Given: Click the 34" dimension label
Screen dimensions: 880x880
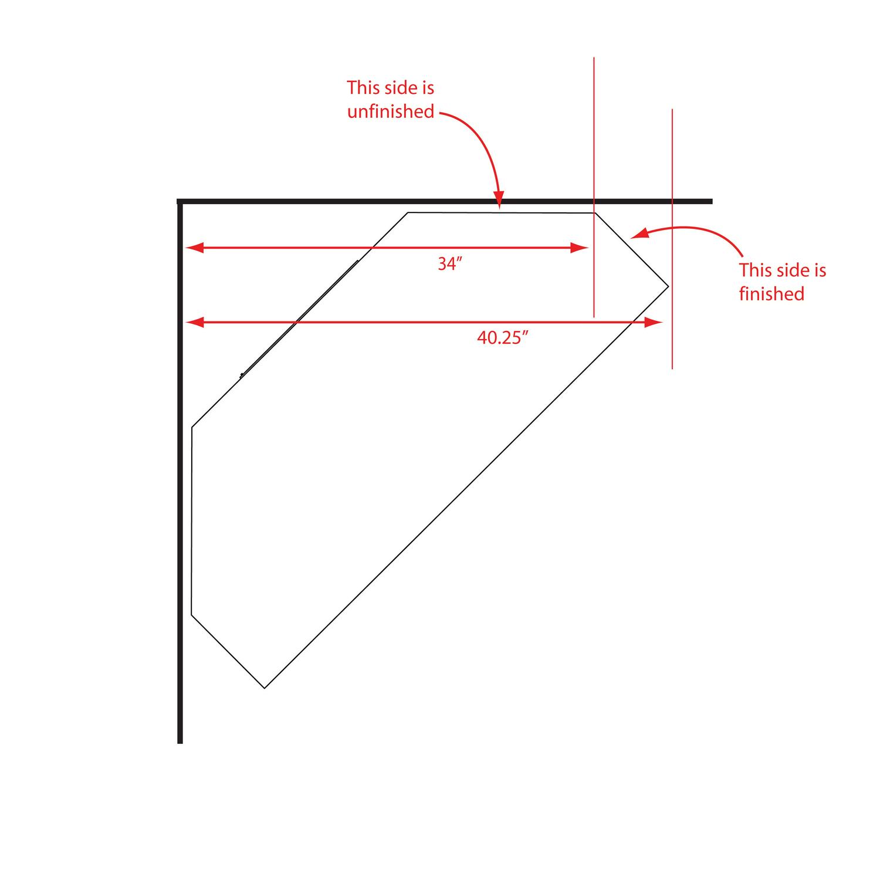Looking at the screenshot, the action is (451, 264).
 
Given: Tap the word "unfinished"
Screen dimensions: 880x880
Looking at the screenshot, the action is (391, 111).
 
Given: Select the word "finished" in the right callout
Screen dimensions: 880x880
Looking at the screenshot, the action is (771, 293).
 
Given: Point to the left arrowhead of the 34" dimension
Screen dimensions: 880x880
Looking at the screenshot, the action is (194, 248).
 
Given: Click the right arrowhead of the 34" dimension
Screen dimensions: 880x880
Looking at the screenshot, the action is (579, 248).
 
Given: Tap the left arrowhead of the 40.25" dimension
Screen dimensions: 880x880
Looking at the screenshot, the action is (194, 322).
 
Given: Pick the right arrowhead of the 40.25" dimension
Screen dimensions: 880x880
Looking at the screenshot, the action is (654, 322).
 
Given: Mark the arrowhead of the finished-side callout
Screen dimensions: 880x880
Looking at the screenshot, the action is (638, 235).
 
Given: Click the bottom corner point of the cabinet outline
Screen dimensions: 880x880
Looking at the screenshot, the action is (265, 688).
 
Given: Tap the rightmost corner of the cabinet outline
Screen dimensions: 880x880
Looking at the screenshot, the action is (668, 286).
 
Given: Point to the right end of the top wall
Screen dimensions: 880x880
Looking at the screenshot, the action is (712, 201).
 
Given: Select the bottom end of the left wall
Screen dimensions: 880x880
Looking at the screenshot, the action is (180, 743).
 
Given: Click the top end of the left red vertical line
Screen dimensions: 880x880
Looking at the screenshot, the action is (594, 57).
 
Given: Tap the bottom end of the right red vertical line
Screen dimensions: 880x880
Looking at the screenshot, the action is (672, 369).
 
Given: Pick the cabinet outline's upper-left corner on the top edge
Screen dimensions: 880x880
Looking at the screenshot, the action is (408, 212).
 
